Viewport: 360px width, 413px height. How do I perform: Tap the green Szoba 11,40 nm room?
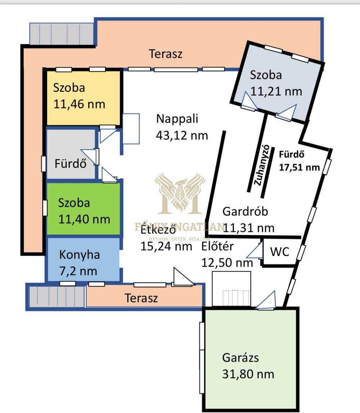84,209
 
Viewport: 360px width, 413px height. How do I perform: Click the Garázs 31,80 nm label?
248,366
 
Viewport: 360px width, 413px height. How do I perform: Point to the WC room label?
280,251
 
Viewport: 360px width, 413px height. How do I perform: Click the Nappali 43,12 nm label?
182,127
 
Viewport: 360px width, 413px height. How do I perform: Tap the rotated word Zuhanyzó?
261,165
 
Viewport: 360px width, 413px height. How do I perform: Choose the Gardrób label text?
245,212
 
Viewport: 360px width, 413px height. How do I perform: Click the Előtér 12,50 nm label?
227,254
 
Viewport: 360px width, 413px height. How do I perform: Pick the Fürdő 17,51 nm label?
300,161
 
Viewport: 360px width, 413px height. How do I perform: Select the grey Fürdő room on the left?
71,154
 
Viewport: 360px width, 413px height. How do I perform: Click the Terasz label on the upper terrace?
166,54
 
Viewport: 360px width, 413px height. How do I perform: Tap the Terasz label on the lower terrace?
141,298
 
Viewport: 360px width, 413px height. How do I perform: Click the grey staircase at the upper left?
62,34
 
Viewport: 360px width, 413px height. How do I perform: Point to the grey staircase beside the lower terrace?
57,296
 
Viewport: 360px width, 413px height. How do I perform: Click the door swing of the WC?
255,250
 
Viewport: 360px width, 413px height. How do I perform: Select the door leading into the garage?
266,300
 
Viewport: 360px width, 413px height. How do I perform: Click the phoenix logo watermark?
180,194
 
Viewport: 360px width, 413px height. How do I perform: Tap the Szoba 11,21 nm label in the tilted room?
276,83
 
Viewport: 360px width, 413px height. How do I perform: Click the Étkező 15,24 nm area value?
166,246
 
